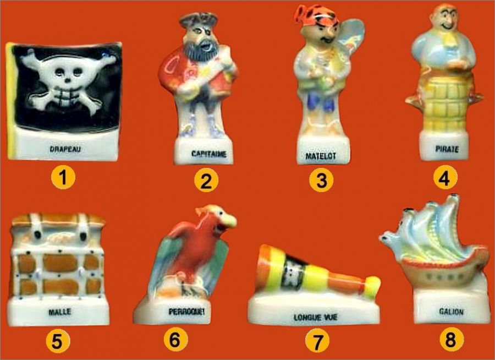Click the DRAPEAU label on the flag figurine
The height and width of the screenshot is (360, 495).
point(65,149)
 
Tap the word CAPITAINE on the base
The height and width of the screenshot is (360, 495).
point(208,154)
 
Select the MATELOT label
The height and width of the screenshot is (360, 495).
point(321,156)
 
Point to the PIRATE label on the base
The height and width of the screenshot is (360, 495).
point(447,149)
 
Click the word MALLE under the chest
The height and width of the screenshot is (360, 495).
point(59,312)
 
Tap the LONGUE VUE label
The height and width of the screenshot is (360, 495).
point(315,317)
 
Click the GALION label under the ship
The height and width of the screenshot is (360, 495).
point(451,312)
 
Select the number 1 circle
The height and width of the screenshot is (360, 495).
point(63,178)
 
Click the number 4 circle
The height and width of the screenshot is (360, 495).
point(446,178)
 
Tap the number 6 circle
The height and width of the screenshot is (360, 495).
point(175,340)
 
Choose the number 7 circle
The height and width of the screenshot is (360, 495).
point(317,340)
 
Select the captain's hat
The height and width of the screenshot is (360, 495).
point(198,20)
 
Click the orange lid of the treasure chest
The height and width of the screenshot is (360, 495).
point(58,220)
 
